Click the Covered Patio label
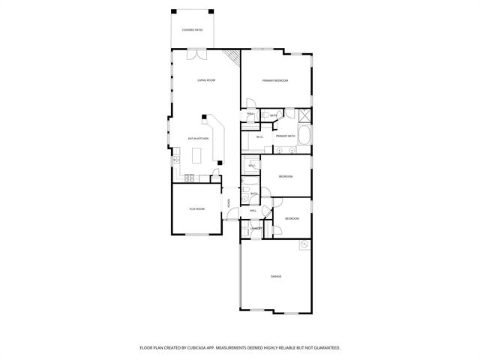coord(193,30)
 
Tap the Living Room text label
coord(206,80)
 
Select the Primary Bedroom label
coord(275,80)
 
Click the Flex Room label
coord(196,209)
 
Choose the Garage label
coord(275,276)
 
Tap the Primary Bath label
coord(286,136)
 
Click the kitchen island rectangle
coord(198,156)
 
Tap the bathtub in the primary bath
coord(304,136)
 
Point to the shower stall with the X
coord(304,115)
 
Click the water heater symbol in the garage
coord(304,245)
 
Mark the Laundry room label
coord(255,228)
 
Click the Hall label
coord(253,211)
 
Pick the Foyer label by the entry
coord(228,203)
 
